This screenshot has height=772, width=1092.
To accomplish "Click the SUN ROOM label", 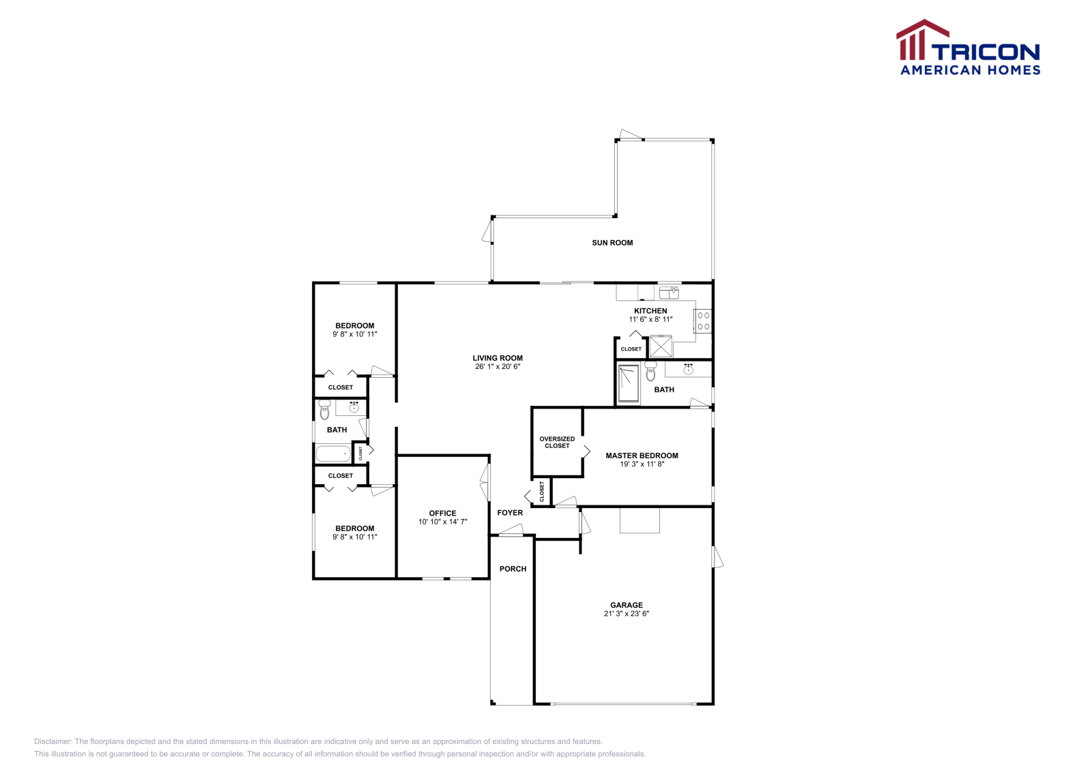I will [x=612, y=243].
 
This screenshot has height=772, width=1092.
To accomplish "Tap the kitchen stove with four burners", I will [x=703, y=321].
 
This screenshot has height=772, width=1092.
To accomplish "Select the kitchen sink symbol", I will [x=669, y=293].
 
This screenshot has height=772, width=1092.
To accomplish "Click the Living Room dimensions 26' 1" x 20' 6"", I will [x=498, y=367].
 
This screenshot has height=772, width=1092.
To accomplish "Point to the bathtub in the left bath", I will [x=333, y=454].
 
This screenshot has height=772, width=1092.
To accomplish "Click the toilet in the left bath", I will [x=324, y=410].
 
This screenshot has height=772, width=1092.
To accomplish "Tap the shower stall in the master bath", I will [x=629, y=383].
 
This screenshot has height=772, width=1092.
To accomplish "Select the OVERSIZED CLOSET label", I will [x=557, y=443].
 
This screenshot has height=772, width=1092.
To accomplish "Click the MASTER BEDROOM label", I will [x=642, y=456].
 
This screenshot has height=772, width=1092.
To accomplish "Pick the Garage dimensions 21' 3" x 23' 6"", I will [x=626, y=614].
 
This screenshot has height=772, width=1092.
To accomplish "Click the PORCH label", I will [x=513, y=569].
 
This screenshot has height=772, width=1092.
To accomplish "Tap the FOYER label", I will [x=510, y=513].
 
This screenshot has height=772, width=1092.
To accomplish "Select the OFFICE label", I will [x=442, y=514].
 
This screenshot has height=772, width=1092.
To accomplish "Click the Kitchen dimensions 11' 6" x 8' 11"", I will [x=650, y=319].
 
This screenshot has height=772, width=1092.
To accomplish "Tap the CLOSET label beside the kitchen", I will [x=631, y=349].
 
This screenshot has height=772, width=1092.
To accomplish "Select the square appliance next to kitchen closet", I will [x=660, y=346].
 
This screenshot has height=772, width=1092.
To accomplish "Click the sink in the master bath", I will [x=688, y=369].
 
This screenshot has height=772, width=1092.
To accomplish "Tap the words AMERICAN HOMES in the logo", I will [x=970, y=70].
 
